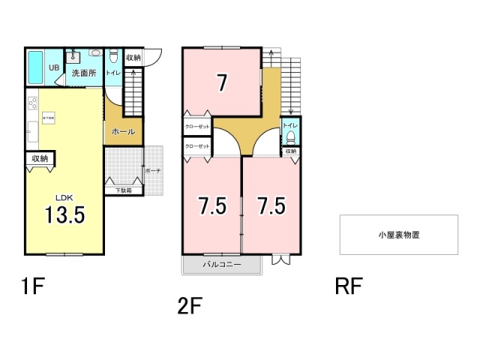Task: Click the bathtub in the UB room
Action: click(36, 69)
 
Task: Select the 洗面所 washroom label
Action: click(84, 73)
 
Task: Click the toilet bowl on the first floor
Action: click(113, 56)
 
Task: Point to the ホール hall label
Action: click(122, 132)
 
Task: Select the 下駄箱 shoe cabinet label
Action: click(124, 190)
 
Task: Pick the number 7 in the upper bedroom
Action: click(222, 82)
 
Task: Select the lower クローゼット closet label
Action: click(196, 146)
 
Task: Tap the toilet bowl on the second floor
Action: click(290, 137)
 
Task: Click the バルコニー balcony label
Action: click(221, 264)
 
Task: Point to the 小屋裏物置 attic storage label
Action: click(398, 235)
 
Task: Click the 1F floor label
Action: click(31, 286)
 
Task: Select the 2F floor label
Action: click(190, 306)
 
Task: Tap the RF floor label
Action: click(349, 286)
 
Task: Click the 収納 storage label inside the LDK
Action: click(40, 158)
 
